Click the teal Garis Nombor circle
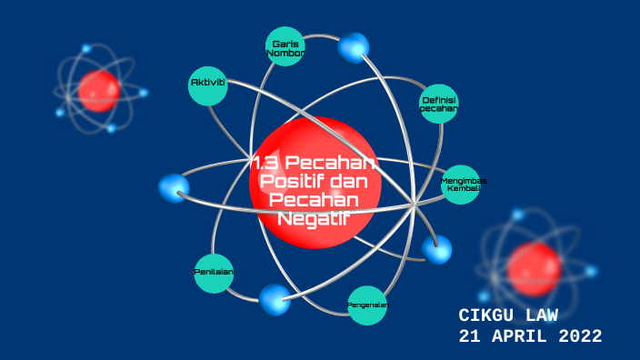point(286,46)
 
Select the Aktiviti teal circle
point(207,85)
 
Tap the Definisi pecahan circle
point(439,103)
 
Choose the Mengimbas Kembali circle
point(462,185)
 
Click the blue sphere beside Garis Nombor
point(354,47)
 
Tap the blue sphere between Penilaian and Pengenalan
point(275,299)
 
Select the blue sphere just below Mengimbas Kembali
point(437,248)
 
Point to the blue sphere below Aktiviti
point(174,188)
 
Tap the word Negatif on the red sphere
point(314,217)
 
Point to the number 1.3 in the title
point(266,163)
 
